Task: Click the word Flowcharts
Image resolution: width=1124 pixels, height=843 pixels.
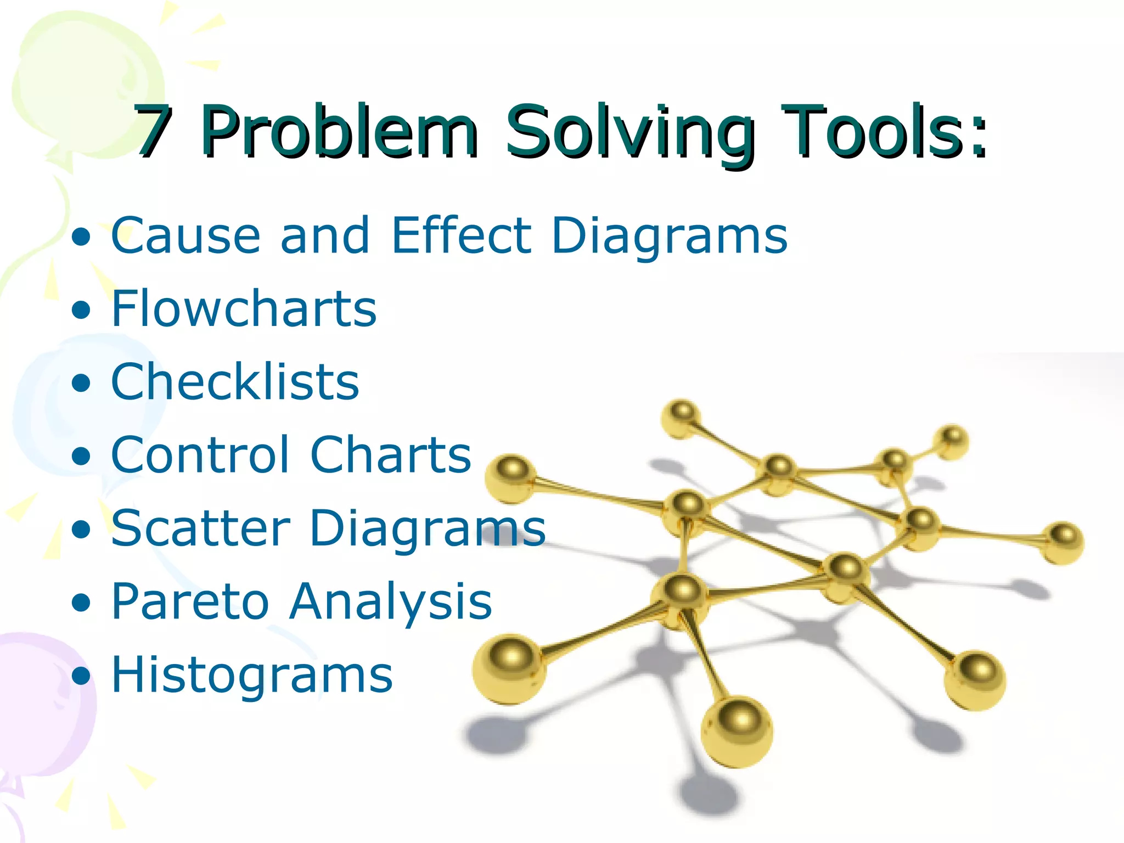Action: (x=244, y=308)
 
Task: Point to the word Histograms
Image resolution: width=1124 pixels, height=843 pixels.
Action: (x=252, y=675)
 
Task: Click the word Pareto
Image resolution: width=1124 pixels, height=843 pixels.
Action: (x=189, y=602)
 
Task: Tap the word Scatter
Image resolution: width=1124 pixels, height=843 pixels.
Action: (x=200, y=528)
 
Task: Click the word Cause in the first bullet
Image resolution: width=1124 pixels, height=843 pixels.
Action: (x=186, y=236)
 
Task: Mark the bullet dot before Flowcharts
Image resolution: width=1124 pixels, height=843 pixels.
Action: (x=81, y=310)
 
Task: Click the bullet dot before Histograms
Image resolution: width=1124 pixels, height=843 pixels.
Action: (x=81, y=676)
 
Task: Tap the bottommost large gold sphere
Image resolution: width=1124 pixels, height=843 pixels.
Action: (x=737, y=732)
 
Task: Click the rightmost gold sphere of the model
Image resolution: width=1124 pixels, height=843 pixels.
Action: (x=1063, y=542)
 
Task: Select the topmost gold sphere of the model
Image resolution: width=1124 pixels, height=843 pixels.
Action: (x=681, y=418)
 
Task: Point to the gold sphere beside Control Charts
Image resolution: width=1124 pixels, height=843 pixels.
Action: (x=511, y=477)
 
